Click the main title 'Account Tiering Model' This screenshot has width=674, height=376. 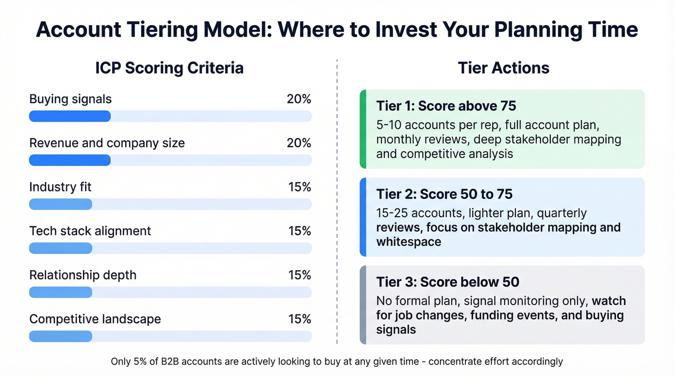tap(149, 30)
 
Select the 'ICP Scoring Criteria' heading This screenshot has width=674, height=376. tap(169, 68)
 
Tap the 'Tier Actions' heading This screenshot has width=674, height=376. tap(504, 68)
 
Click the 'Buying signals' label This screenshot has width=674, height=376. tap(70, 99)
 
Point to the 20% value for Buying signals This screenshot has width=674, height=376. tap(299, 99)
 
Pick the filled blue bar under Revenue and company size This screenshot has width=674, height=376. tap(70, 160)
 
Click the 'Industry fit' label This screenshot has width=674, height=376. tap(60, 187)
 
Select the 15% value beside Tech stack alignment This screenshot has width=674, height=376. tap(299, 231)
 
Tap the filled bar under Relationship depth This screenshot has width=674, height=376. tap(61, 292)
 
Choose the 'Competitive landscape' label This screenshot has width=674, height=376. tap(95, 319)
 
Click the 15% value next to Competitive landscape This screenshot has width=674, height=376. tap(299, 319)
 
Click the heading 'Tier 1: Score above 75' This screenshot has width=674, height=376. tap(446, 106)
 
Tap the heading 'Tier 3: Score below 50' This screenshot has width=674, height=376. tap(447, 282)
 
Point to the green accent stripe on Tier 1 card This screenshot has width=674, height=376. tap(363, 129)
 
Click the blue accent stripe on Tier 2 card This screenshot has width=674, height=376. tap(363, 217)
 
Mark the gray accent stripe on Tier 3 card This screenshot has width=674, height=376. tap(363, 305)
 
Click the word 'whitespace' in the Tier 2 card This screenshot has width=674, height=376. tap(408, 242)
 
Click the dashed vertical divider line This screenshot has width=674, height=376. tap(337, 202)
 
